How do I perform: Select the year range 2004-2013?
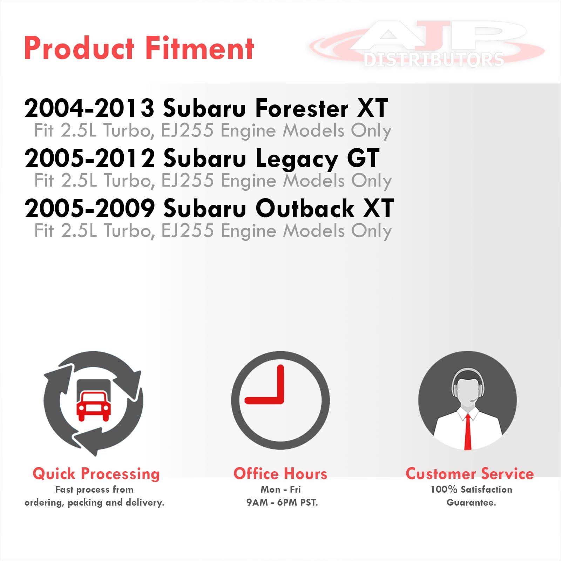(x=89, y=108)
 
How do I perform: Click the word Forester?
(x=302, y=108)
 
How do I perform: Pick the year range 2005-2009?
(x=90, y=208)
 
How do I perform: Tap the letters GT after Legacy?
(x=363, y=158)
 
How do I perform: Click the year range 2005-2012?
(x=90, y=158)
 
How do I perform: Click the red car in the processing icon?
(x=94, y=406)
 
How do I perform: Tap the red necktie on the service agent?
(x=468, y=432)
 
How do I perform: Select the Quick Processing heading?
(x=96, y=474)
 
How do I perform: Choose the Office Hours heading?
(x=280, y=474)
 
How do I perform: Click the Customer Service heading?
(x=470, y=474)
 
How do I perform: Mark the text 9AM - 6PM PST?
(x=282, y=502)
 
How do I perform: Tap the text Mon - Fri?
(x=280, y=489)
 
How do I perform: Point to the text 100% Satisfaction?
(x=471, y=489)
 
